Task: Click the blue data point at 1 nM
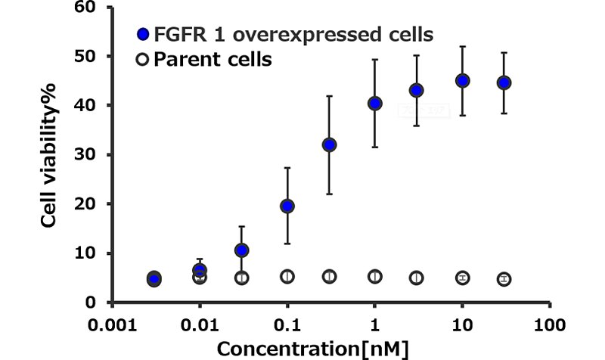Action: [x=375, y=104]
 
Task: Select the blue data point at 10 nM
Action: [x=463, y=81]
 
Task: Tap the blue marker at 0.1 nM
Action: [x=287, y=206]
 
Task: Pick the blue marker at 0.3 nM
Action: [x=330, y=144]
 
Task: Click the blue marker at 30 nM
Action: [x=504, y=82]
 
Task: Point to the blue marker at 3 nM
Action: [x=417, y=90]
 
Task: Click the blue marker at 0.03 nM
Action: [x=242, y=250]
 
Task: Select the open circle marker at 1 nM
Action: [x=375, y=277]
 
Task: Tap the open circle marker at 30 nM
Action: [x=504, y=279]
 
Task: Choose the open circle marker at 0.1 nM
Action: [x=287, y=277]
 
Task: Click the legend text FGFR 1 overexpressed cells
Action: [x=293, y=34]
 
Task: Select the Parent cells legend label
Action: [x=213, y=59]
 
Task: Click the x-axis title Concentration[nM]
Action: [x=313, y=349]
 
